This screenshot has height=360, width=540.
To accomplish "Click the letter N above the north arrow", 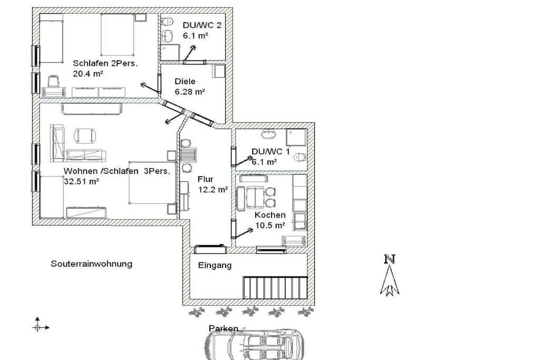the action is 390,259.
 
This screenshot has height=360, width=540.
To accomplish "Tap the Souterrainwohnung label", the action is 91,264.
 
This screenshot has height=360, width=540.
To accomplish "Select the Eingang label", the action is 215,265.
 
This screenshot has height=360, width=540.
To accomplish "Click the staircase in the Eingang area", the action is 275,287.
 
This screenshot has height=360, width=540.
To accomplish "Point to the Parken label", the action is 223,328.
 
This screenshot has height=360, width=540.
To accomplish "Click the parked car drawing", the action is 254,344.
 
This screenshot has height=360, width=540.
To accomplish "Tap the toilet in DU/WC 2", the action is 167,22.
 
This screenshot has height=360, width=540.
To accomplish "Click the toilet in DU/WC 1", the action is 300,157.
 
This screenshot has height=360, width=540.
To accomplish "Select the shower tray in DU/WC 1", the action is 296,138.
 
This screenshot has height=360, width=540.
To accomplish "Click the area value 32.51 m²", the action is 81,181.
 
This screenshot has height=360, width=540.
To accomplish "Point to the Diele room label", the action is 185,82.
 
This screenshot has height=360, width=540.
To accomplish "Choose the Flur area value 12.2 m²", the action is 213,189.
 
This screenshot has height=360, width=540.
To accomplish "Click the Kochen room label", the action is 270,215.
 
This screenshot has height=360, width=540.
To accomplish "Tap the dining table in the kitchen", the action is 255,198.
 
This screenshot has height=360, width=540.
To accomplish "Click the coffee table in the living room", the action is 85,135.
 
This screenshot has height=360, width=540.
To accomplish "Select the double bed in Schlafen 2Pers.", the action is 118,34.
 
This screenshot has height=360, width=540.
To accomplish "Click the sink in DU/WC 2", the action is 168,35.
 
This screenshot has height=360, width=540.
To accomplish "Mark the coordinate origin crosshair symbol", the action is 37,327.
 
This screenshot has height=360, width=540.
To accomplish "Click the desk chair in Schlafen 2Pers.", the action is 53,82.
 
